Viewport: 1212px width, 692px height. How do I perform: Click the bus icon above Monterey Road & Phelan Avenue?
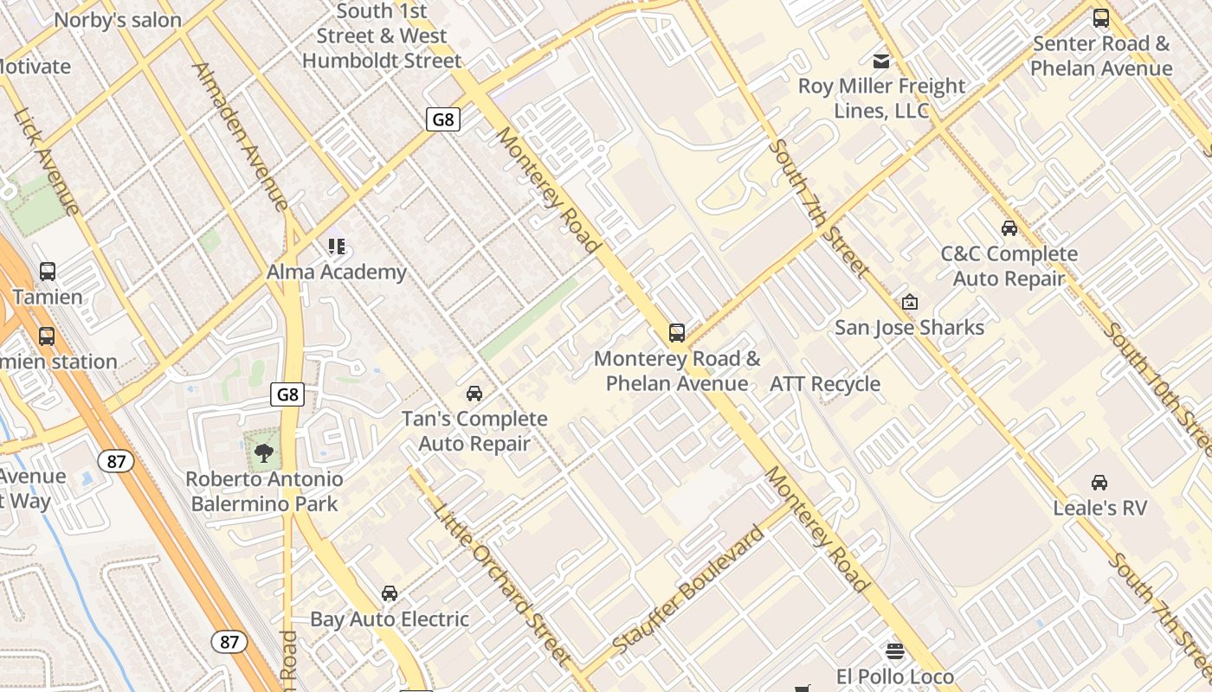[677, 332]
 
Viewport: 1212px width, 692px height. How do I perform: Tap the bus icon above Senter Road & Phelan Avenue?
[1101, 17]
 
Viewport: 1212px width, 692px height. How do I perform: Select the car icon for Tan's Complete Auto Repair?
[474, 394]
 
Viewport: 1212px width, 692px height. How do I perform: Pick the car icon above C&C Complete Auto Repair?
[1009, 228]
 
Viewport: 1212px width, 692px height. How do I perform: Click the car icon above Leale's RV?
[1099, 482]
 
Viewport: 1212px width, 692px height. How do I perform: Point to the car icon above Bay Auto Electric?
[390, 593]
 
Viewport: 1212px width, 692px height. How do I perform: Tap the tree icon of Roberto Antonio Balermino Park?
[264, 452]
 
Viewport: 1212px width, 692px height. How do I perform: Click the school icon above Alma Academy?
[337, 247]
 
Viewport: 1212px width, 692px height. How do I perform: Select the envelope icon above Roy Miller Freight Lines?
[881, 61]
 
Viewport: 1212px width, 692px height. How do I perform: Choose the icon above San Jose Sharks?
[910, 302]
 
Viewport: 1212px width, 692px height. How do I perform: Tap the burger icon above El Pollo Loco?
[895, 650]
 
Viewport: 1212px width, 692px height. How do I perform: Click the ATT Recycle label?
[825, 384]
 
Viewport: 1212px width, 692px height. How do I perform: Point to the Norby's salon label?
[118, 20]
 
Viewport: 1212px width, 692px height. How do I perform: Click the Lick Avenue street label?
[47, 161]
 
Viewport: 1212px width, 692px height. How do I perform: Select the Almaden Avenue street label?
[240, 137]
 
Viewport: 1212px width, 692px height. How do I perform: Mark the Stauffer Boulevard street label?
[688, 588]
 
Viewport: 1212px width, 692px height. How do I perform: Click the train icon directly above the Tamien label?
[48, 272]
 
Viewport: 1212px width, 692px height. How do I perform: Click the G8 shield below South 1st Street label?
[442, 119]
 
